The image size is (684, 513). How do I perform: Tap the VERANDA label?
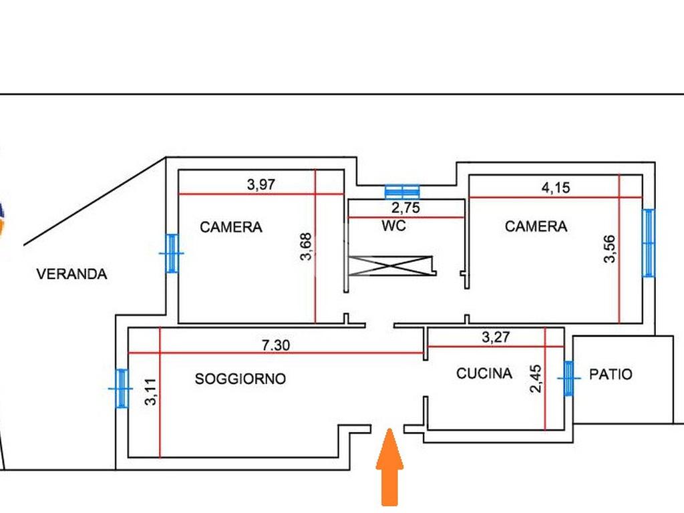coord(71,274)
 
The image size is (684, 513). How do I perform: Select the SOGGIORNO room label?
coord(240,379)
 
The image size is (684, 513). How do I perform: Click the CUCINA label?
coord(484,373)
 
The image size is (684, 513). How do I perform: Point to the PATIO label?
coord(611,374)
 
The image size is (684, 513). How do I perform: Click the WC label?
coord(394,226)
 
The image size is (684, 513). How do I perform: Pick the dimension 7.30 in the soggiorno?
coord(275,345)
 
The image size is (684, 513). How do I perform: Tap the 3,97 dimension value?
coord(261,185)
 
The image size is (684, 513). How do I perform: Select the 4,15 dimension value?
coord(555,188)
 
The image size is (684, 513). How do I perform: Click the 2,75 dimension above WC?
coord(405,208)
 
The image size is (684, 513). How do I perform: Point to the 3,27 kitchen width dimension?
coord(496,337)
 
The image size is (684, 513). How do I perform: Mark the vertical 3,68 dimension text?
coord(307,245)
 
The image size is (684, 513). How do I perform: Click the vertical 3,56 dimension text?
coord(609,249)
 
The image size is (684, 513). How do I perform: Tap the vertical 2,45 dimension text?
coord(536,378)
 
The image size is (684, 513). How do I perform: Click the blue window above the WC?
coord(403,191)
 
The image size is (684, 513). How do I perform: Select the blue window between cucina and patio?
coord(568,378)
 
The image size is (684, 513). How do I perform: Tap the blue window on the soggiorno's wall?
coord(121,388)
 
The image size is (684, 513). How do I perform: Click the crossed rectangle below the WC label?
coord(391,266)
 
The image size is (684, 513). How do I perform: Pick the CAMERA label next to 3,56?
coord(536,226)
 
